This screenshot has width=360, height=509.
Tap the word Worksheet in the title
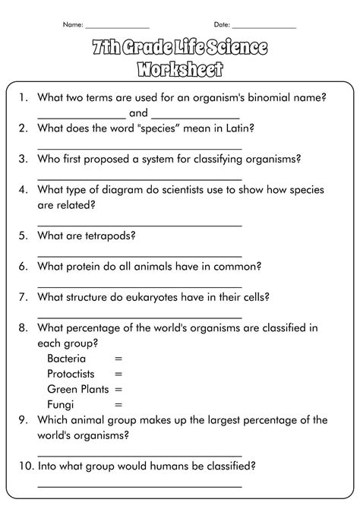click(x=180, y=71)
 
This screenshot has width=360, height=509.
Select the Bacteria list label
click(x=66, y=359)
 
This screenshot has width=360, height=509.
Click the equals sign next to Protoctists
click(x=118, y=374)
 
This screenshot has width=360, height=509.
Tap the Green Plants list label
click(x=77, y=389)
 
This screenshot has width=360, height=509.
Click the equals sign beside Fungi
click(x=118, y=404)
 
